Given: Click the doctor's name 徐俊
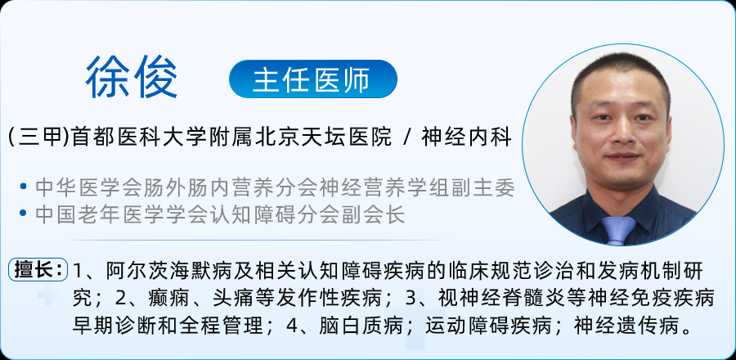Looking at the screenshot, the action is [132, 78].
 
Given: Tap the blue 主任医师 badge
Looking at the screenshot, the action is [313, 79].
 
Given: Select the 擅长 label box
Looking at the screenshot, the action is [38, 270].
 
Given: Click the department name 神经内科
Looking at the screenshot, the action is [466, 138].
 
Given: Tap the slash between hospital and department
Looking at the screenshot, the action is [407, 138].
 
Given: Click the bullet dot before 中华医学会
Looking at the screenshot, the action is [23, 187].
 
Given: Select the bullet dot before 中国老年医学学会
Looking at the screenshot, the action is [23, 214].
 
